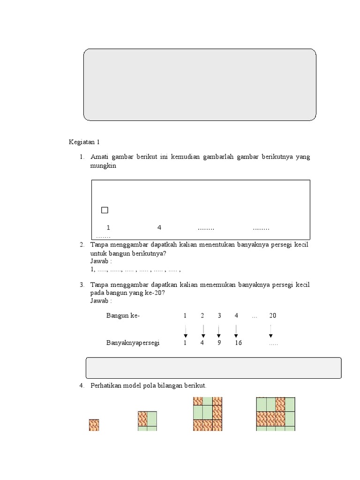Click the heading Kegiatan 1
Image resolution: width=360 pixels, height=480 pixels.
[x=85, y=142]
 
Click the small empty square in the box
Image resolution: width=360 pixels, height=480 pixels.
[x=105, y=210]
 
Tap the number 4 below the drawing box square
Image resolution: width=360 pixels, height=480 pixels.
[x=159, y=228]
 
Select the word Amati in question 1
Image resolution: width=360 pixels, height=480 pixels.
[x=100, y=157]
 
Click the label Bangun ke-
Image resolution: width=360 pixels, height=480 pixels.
[x=123, y=316]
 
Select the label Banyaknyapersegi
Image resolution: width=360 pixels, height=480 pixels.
[x=133, y=343]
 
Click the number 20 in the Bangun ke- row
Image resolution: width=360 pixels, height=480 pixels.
[x=273, y=316]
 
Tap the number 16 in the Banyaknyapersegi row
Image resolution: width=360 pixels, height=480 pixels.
[x=238, y=343]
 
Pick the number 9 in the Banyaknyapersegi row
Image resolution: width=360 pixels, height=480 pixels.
[x=219, y=343]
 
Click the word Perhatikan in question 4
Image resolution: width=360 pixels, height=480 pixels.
[x=106, y=386]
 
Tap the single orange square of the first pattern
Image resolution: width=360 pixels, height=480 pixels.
[x=94, y=425]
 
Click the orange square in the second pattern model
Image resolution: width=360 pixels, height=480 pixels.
[x=142, y=417]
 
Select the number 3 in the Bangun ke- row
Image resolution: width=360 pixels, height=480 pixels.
[x=219, y=316]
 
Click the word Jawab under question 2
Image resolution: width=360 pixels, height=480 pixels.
[x=100, y=262]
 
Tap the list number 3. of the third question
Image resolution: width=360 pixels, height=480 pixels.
[x=82, y=285]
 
